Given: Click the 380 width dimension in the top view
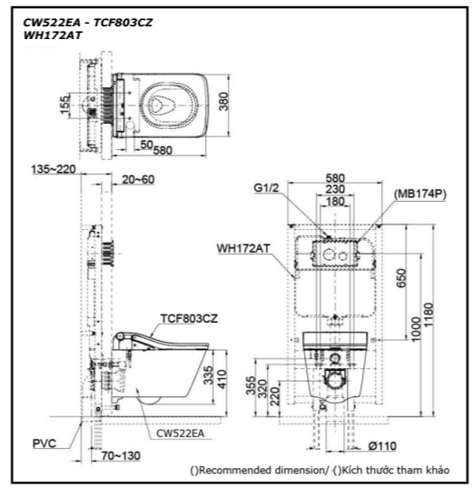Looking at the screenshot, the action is (x=223, y=102).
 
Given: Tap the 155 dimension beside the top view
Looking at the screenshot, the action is (x=64, y=105).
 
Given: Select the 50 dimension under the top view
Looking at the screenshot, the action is (x=146, y=145).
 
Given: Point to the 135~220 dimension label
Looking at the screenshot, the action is (x=54, y=169).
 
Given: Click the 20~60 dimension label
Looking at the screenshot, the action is (x=138, y=180).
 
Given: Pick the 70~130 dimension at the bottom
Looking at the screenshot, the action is (x=121, y=455).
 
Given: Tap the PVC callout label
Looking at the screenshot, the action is (x=44, y=444).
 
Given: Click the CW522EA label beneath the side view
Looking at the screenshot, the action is (x=181, y=434).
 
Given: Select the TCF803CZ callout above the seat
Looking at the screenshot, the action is (x=189, y=319).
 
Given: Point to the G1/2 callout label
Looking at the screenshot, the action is (x=266, y=188).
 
